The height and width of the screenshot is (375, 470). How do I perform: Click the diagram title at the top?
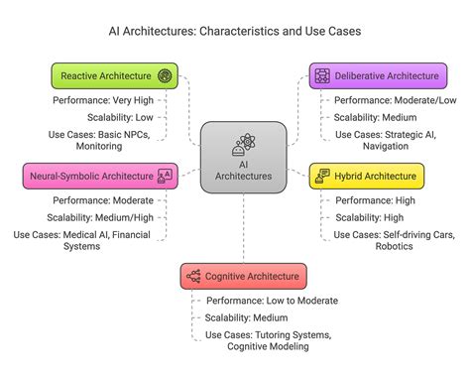click(x=235, y=31)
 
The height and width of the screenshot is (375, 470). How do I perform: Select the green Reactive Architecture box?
click(x=115, y=75)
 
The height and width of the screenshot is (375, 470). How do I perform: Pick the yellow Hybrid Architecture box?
click(x=366, y=177)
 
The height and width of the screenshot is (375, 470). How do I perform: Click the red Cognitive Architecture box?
click(x=242, y=276)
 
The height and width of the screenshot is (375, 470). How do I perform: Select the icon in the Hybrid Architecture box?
click(x=322, y=177)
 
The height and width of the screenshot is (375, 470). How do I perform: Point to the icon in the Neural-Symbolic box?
click(x=165, y=177)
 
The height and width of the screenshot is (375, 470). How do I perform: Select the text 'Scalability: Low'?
click(x=111, y=117)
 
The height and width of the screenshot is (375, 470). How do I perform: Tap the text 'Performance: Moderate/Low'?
click(x=381, y=100)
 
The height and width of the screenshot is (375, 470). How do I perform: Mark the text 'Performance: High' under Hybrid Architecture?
click(x=368, y=200)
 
